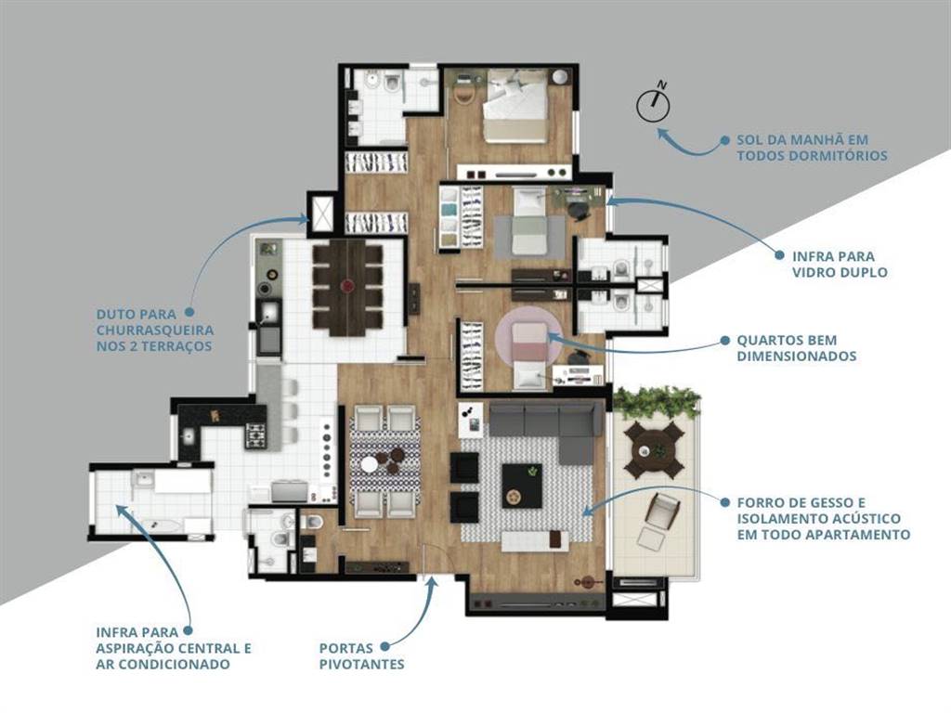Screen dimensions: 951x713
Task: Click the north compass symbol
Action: click(x=653, y=104)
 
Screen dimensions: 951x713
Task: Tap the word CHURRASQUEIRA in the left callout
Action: click(x=155, y=331)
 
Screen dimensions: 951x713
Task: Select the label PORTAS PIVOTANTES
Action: click(x=361, y=656)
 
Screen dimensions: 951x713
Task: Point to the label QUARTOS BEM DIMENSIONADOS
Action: click(x=796, y=348)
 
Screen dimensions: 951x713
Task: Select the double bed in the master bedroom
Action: click(x=516, y=107)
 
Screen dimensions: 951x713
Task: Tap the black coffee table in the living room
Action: click(x=522, y=486)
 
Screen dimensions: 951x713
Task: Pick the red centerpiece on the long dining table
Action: click(x=347, y=285)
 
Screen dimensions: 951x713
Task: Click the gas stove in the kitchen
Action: click(x=255, y=436)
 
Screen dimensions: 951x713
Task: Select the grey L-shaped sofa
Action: click(x=546, y=426)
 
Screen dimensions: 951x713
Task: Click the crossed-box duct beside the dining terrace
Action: click(x=321, y=213)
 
